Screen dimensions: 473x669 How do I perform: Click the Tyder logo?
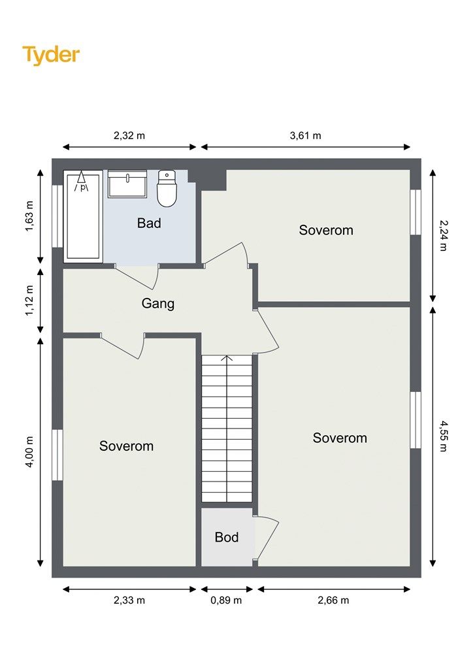click(x=51, y=56)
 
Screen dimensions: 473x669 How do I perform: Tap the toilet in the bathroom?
click(x=167, y=189)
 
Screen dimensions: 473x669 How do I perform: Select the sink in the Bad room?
click(x=127, y=184)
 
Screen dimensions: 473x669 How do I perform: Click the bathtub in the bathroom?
click(x=83, y=216)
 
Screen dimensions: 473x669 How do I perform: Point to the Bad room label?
click(x=149, y=223)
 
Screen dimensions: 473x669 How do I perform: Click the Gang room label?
click(x=158, y=304)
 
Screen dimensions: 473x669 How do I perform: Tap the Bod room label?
click(x=227, y=537)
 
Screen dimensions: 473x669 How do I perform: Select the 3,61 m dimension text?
click(x=305, y=136)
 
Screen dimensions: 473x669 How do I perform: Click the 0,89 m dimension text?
click(x=226, y=600)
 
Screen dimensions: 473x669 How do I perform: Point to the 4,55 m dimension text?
click(x=444, y=436)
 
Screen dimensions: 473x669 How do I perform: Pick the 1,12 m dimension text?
click(x=29, y=301)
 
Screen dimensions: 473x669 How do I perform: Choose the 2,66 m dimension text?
click(x=333, y=600)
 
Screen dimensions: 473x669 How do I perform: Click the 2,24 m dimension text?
click(x=444, y=235)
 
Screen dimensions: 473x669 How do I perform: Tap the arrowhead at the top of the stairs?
click(x=227, y=359)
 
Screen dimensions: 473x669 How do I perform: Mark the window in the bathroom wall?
click(x=57, y=216)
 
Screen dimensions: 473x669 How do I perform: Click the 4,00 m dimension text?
click(x=29, y=452)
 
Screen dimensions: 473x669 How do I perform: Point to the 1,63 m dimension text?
click(x=29, y=216)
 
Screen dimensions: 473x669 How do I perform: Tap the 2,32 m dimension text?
click(x=129, y=136)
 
